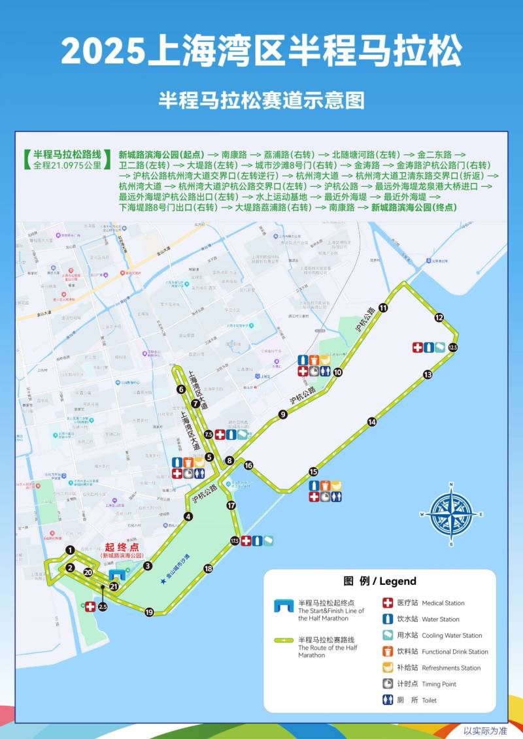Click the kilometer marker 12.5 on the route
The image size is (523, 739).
[453, 348]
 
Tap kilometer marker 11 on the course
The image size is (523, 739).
[383, 308]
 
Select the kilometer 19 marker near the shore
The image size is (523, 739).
[149, 612]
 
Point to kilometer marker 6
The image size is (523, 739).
[180, 389]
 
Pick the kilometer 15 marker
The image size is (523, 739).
[314, 471]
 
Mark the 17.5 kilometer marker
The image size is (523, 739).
[235, 541]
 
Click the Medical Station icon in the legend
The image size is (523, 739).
[388, 603]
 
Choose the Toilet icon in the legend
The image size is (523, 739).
[388, 700]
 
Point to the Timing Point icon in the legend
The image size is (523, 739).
[388, 684]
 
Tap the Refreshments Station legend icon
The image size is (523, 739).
[388, 668]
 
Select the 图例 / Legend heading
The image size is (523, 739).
[380, 581]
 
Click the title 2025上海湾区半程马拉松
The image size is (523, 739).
[261, 51]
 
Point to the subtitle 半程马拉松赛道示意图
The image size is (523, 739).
[261, 100]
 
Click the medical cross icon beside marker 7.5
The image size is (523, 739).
[220, 434]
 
